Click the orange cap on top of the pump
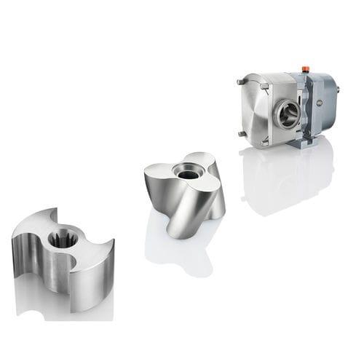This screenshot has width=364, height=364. [x=305, y=69]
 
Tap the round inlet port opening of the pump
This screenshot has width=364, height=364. [x=288, y=114]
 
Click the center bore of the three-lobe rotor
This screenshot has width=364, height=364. [x=188, y=173]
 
